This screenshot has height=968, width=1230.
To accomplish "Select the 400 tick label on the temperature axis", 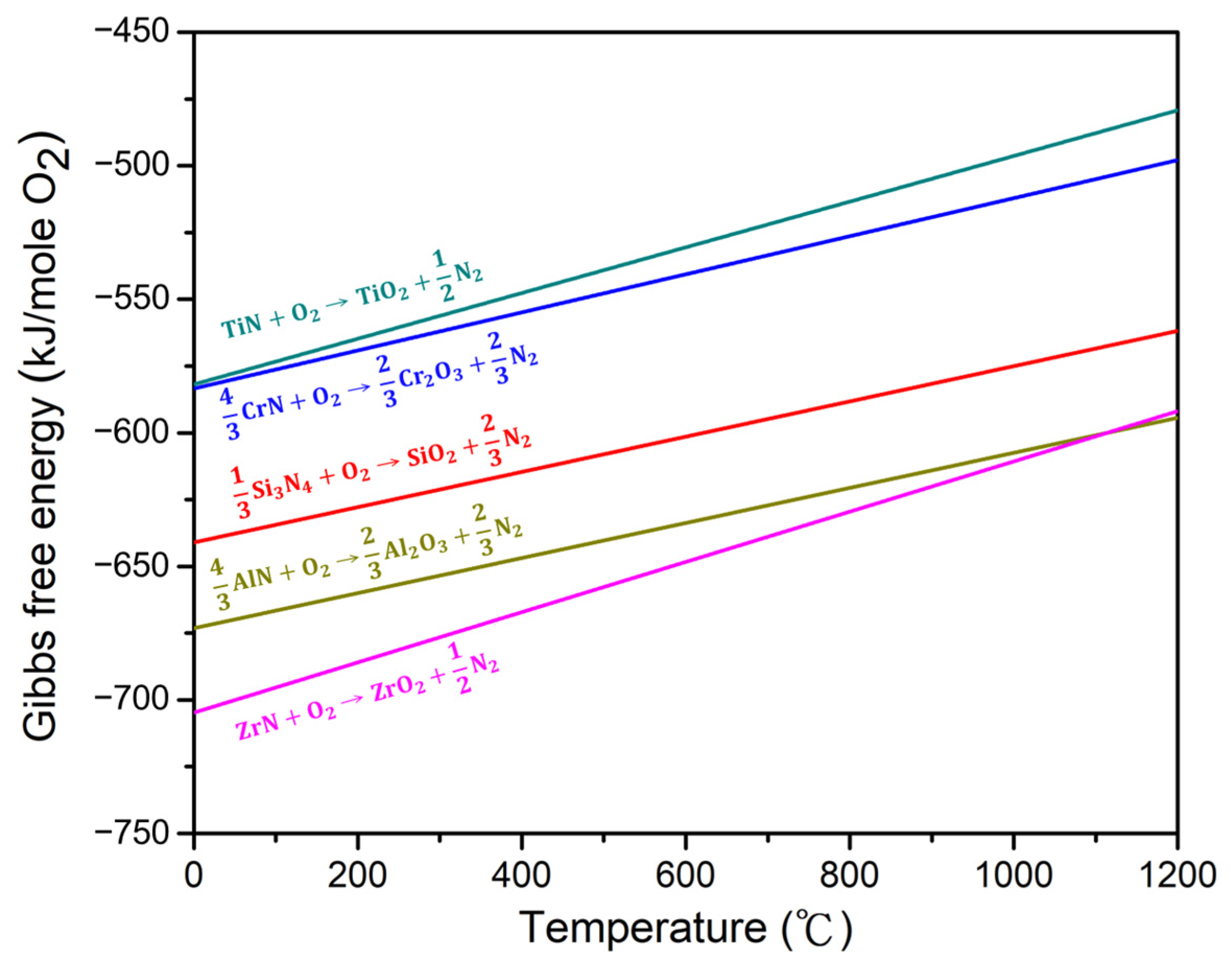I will pos(521,876).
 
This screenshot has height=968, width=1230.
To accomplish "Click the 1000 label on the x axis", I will pos(1013,876).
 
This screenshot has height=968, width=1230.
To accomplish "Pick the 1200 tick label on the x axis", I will pos(1177,876).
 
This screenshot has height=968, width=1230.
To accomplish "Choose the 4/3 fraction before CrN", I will pos(229,414).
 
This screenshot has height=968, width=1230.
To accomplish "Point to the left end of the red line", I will pos(196,542).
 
